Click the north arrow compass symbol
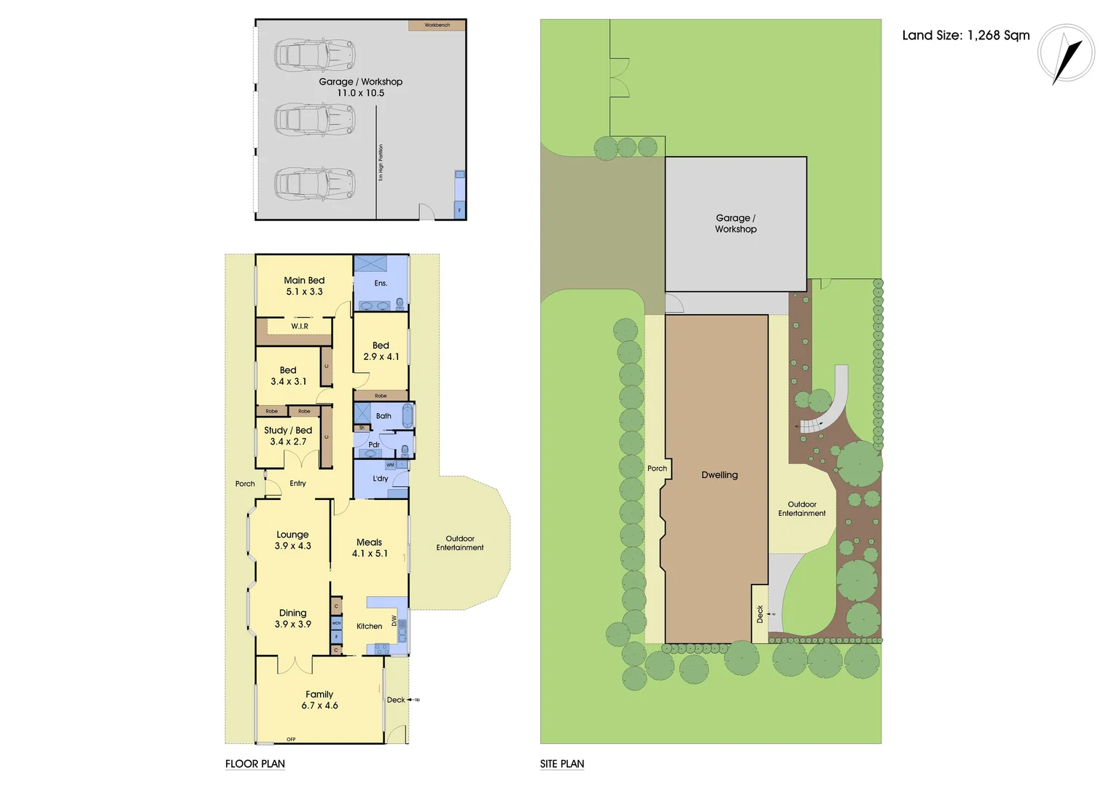click(1066, 54)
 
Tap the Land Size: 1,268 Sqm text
click(965, 35)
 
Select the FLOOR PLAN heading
click(254, 764)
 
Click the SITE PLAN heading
click(561, 764)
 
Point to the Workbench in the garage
click(437, 25)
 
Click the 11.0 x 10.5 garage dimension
click(360, 93)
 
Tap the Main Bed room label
click(304, 280)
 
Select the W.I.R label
click(300, 326)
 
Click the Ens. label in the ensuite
click(381, 283)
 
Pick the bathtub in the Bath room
click(408, 416)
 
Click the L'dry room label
click(381, 479)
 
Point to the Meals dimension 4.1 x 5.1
click(370, 554)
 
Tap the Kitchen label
click(369, 626)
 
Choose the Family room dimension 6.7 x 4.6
click(319, 705)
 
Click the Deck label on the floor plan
click(396, 700)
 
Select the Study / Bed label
click(288, 430)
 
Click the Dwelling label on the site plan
click(720, 474)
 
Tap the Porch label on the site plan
click(657, 469)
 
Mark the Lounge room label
click(292, 534)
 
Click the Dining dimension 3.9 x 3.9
click(292, 624)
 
